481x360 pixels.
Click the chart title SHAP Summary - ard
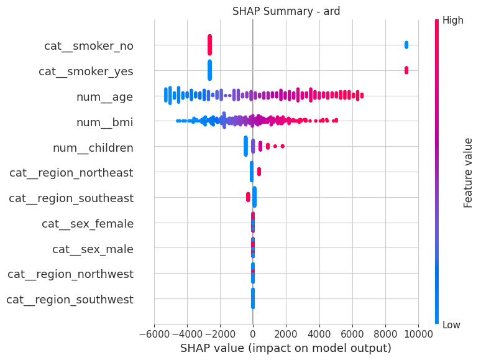click(286, 11)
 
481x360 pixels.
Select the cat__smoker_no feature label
click(88, 46)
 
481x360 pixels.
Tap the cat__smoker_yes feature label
click(86, 72)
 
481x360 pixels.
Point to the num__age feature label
click(104, 97)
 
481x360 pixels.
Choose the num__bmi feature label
click(104, 122)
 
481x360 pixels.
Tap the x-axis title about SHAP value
click(286, 348)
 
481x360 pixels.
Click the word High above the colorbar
click(452, 21)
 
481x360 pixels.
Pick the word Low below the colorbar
click(452, 325)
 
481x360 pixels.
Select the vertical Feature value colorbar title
click(468, 172)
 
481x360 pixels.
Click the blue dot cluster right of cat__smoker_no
click(406, 44)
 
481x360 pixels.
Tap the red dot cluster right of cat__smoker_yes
click(406, 70)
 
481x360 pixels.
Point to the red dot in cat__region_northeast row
click(259, 171)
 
